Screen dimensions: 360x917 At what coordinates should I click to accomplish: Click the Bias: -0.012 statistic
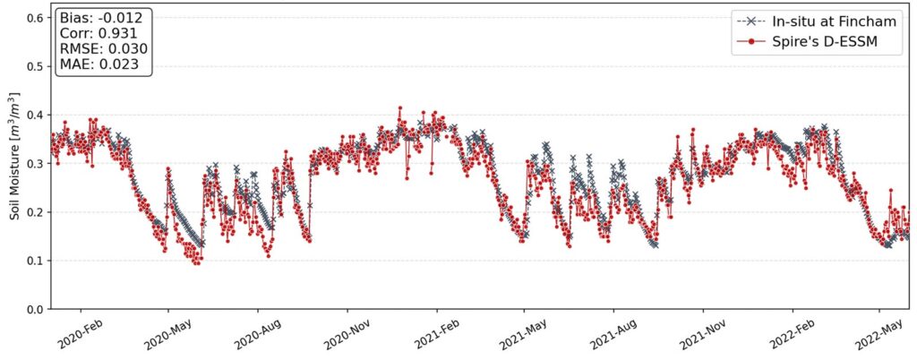[103, 17]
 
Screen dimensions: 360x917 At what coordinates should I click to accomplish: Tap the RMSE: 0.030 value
[103, 49]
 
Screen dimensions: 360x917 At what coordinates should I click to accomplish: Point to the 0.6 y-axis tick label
[36, 18]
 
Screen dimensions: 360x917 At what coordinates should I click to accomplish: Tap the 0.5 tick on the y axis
[36, 66]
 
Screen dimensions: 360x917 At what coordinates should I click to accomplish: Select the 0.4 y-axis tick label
[36, 115]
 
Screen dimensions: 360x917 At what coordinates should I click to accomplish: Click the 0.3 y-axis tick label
[36, 164]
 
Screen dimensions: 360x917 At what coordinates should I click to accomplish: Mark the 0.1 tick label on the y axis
[36, 261]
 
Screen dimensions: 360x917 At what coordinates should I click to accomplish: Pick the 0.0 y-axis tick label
[36, 309]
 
